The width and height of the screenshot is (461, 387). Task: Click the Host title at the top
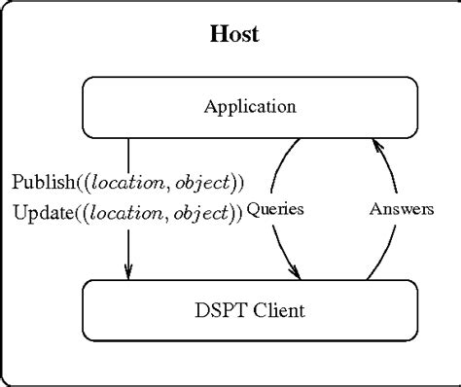[x=234, y=36]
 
